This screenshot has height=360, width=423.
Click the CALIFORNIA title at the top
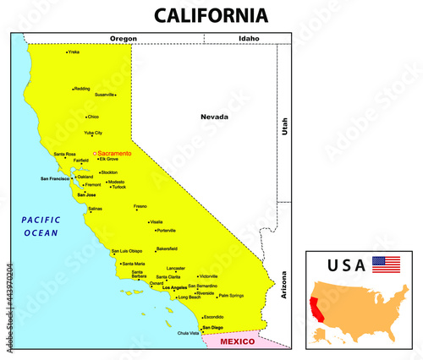pyautogui.click(x=211, y=15)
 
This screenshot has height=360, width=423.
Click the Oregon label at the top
pyautogui.click(x=124, y=38)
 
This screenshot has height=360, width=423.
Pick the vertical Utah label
pyautogui.click(x=285, y=128)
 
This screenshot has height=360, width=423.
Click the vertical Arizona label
pyautogui.click(x=285, y=286)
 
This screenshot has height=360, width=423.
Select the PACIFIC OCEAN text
pyautogui.click(x=41, y=226)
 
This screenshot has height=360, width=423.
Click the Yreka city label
pyautogui.click(x=74, y=52)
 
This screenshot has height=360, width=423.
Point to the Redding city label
pyautogui.click(x=81, y=88)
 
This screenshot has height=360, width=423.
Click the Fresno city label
pyautogui.click(x=140, y=205)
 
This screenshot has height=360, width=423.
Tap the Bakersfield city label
pyautogui.click(x=167, y=249)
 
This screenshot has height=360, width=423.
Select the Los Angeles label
pyautogui.click(x=174, y=288)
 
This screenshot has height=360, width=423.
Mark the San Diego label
pyautogui.click(x=211, y=327)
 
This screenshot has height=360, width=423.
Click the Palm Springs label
pyautogui.click(x=230, y=296)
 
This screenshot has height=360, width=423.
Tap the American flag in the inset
pyautogui.click(x=386, y=264)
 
